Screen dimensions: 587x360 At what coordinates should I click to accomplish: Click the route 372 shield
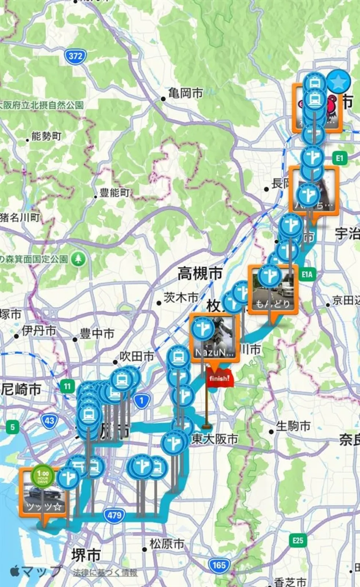75,56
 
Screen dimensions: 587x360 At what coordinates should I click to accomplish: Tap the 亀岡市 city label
185,93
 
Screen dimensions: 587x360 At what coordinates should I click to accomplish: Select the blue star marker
338,82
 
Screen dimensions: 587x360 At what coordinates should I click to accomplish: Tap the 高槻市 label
200,273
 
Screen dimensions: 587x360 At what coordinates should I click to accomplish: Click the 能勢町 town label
46,136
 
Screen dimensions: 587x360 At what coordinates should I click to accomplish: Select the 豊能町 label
114,193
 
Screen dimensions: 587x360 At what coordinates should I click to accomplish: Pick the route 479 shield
114,515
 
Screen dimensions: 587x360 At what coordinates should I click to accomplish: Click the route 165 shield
219,565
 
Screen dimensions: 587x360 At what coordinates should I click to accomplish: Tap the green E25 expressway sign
298,540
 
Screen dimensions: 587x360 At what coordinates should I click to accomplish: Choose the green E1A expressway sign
307,274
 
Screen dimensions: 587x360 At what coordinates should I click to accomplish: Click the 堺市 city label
86,555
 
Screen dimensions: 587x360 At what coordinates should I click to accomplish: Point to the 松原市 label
167,544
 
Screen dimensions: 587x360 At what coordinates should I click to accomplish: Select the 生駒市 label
293,426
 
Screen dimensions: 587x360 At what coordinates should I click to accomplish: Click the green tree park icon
78,259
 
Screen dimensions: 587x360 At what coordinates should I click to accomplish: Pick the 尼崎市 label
21,390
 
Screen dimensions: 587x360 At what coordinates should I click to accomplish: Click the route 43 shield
50,420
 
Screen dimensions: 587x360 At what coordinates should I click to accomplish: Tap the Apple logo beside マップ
15,571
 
